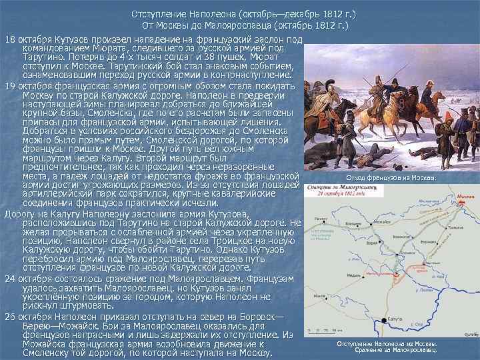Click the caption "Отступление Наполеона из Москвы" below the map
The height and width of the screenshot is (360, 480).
coord(387,344)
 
